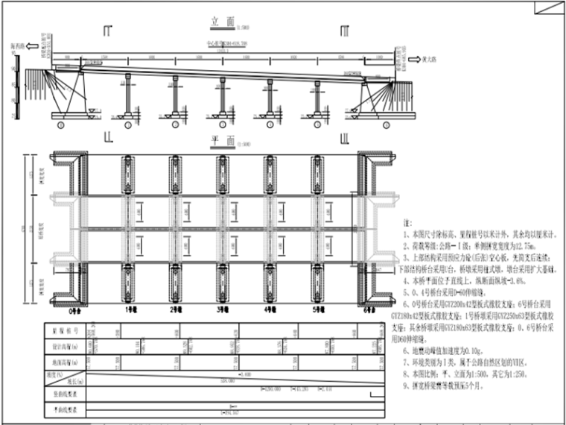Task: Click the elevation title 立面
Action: coord(217,25)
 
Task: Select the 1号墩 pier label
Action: coord(130,309)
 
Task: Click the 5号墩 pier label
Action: coord(318,309)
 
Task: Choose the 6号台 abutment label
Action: coord(369,309)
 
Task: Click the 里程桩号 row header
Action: coord(63,330)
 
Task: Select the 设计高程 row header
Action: coord(63,345)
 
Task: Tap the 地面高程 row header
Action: coord(63,362)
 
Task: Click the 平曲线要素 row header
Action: coord(63,409)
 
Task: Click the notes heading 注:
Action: coord(407,223)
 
